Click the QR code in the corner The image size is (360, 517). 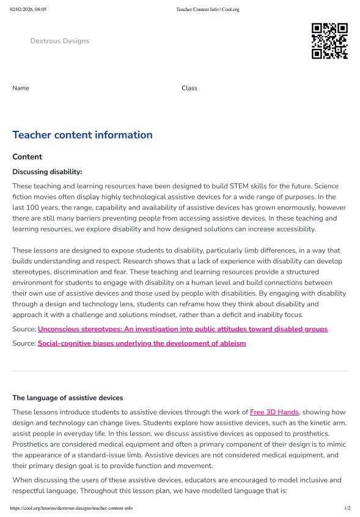tap(329, 41)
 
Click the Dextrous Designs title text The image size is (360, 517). tap(60, 41)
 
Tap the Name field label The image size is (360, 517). tap(21, 88)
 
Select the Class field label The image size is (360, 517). tap(189, 88)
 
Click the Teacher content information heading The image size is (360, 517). tap(83, 135)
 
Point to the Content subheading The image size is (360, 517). tap(27, 157)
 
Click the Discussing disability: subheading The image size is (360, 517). tap(47, 172)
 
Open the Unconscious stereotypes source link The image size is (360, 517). tap(182, 329)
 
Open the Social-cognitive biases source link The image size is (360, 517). tap(142, 343)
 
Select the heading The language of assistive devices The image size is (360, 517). tap(67, 398)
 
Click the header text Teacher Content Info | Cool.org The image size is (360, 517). tap(207, 10)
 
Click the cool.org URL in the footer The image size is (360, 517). tap(72, 508)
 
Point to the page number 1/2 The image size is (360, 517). tap(347, 508)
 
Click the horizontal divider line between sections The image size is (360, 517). tap(180, 371)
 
